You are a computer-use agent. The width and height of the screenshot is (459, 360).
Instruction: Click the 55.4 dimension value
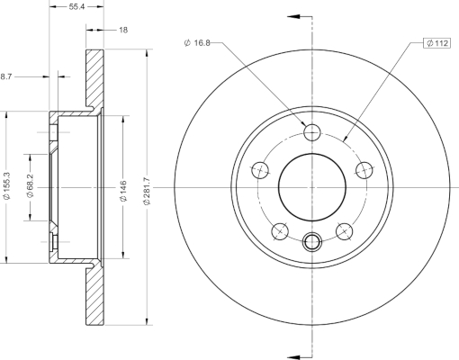76,6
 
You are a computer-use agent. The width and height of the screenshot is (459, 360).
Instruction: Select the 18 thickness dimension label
123,30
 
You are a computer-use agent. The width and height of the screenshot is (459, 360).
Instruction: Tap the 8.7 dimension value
5,76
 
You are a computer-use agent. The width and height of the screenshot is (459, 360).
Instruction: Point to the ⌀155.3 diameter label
6,185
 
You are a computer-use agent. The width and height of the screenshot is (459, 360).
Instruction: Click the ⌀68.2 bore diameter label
31,185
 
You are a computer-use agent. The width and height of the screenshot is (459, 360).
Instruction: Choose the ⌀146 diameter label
123,191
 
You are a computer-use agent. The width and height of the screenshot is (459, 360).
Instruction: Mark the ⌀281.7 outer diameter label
147,192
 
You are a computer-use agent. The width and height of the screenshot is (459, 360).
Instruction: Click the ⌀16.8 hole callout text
197,43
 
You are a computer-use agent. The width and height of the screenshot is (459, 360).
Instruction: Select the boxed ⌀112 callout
437,43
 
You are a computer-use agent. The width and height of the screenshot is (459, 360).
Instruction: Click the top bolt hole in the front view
312,132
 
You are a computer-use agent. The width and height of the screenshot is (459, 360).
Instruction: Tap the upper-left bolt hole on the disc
260,170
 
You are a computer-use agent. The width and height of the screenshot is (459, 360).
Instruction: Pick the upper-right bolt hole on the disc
364,170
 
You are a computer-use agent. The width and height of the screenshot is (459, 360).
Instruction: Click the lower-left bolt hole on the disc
280,231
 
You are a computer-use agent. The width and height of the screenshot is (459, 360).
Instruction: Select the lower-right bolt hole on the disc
344,231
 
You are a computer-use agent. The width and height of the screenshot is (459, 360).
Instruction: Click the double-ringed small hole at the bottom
312,241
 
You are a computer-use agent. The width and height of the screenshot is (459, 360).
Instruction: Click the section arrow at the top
294,16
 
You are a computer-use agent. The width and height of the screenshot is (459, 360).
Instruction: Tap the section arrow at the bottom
294,357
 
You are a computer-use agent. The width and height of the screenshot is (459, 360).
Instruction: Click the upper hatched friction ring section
95,78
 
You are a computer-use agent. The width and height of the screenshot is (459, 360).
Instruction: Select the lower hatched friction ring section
95,296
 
